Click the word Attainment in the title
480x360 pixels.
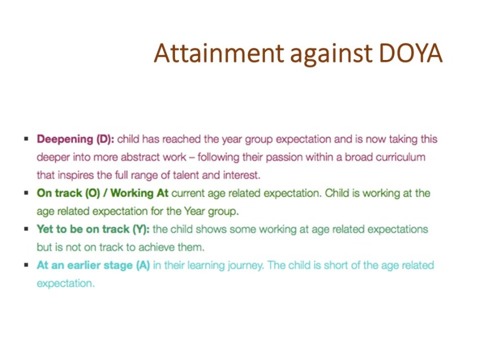click(x=219, y=53)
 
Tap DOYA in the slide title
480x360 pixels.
click(x=411, y=53)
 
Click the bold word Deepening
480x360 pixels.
click(x=65, y=140)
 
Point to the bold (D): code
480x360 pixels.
click(x=105, y=139)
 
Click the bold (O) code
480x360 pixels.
click(x=93, y=194)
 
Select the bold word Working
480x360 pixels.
click(x=132, y=194)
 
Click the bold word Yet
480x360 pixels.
click(x=44, y=229)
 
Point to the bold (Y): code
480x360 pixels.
click(x=141, y=229)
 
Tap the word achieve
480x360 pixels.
click(x=156, y=247)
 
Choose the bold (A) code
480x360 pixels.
click(x=143, y=265)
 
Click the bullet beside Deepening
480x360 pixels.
click(x=27, y=139)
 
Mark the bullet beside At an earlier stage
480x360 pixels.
click(x=27, y=265)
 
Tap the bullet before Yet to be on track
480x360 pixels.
click(x=27, y=229)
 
